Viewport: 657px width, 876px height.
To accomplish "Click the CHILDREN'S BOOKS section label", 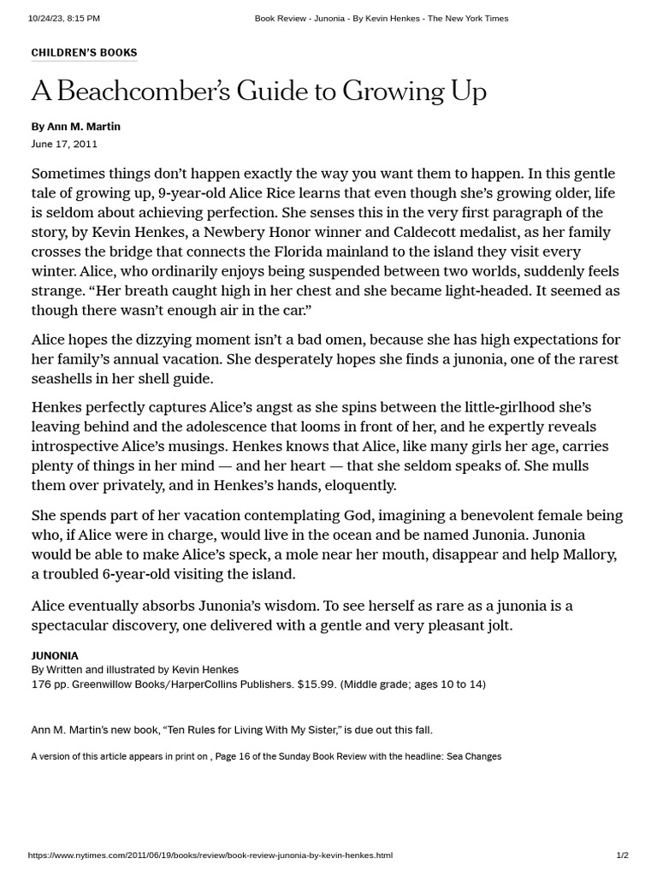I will (x=84, y=53).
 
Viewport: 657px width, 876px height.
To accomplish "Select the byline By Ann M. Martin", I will (x=76, y=127).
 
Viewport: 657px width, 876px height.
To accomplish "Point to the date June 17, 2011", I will (x=64, y=144).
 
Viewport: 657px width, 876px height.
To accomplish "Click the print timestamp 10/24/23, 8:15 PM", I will (x=64, y=18).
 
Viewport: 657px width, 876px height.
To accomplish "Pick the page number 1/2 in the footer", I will (x=622, y=855).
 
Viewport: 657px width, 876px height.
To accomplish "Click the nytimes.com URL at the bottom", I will (x=210, y=855).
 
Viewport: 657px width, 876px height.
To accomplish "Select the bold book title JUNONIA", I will (x=55, y=656).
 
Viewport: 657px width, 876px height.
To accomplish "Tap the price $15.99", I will (x=318, y=684).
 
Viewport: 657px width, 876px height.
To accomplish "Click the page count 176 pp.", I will (x=50, y=684).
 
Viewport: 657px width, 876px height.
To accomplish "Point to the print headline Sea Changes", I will (x=473, y=756).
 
